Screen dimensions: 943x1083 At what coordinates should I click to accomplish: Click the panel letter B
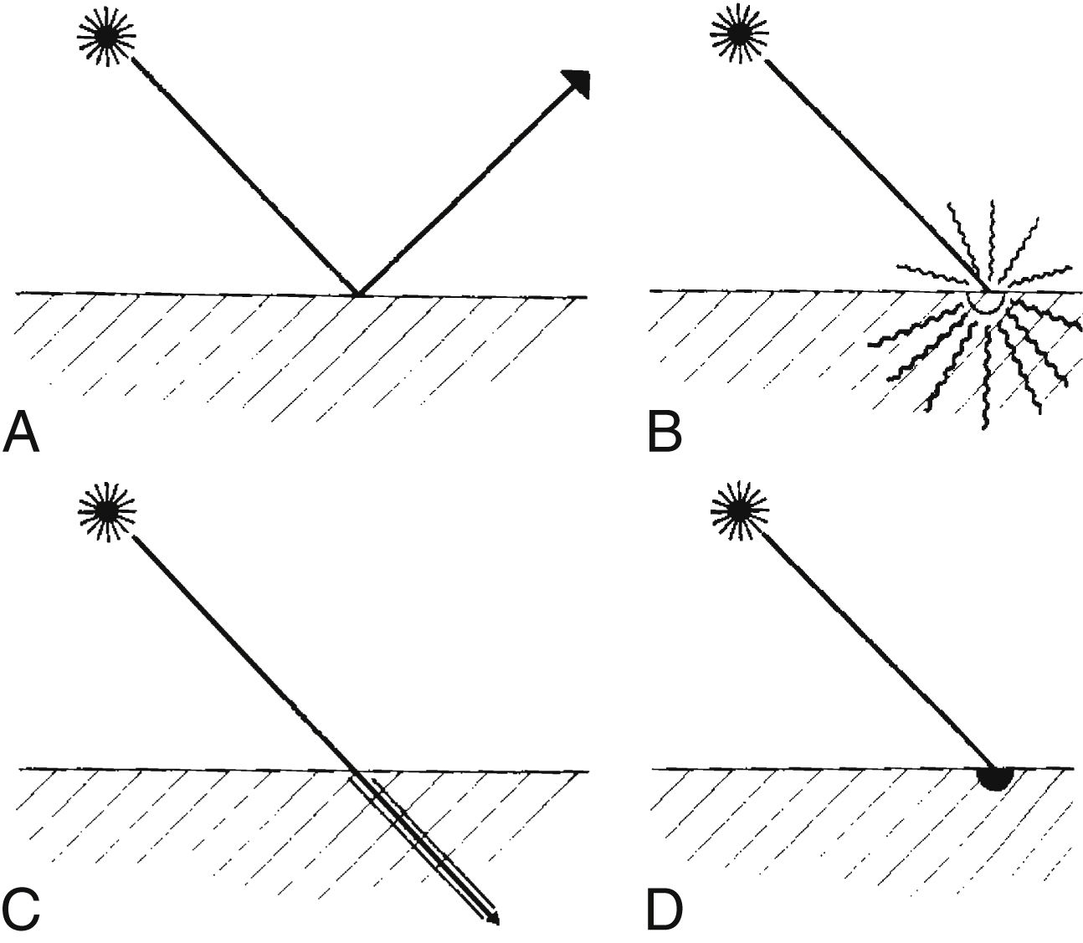click(x=666, y=433)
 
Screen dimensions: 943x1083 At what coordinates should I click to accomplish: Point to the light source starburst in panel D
click(x=738, y=511)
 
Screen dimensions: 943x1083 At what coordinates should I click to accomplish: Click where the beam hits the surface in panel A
click(x=357, y=295)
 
